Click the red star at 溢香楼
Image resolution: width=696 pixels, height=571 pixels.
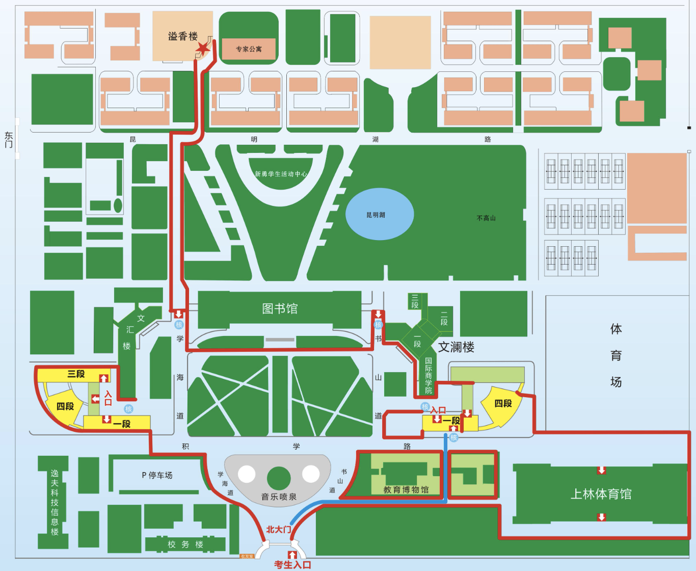pos(203,49)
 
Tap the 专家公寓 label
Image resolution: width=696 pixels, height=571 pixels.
pos(249,49)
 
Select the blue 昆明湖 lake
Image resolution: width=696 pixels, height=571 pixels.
pos(379,214)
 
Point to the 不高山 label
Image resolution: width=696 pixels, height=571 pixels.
pos(486,218)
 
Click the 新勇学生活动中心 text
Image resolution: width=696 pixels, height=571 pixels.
pos(281,174)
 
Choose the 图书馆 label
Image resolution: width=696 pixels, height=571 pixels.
pos(280,308)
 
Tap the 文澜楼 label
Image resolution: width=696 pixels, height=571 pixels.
pos(456,347)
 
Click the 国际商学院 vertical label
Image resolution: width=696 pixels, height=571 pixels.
pos(429,376)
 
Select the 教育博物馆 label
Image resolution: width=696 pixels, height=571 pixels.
pos(406,490)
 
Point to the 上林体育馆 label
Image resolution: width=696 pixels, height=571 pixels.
pos(601,494)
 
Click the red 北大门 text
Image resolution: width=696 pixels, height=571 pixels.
pos(279,530)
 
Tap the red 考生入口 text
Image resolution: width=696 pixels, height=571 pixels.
pos(292,565)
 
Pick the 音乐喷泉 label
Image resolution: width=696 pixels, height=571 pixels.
pos(279,497)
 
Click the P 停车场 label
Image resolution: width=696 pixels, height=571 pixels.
pos(157,475)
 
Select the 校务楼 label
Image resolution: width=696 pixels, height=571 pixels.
pos(185,544)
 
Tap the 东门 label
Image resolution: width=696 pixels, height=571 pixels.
pos(9,140)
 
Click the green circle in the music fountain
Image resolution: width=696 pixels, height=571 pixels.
pos(279,478)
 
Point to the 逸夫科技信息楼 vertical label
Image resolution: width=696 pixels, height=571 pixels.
pos(55,502)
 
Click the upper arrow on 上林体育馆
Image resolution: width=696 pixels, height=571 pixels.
pos(601,470)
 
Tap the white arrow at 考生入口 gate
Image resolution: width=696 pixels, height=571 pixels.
pos(292,555)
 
